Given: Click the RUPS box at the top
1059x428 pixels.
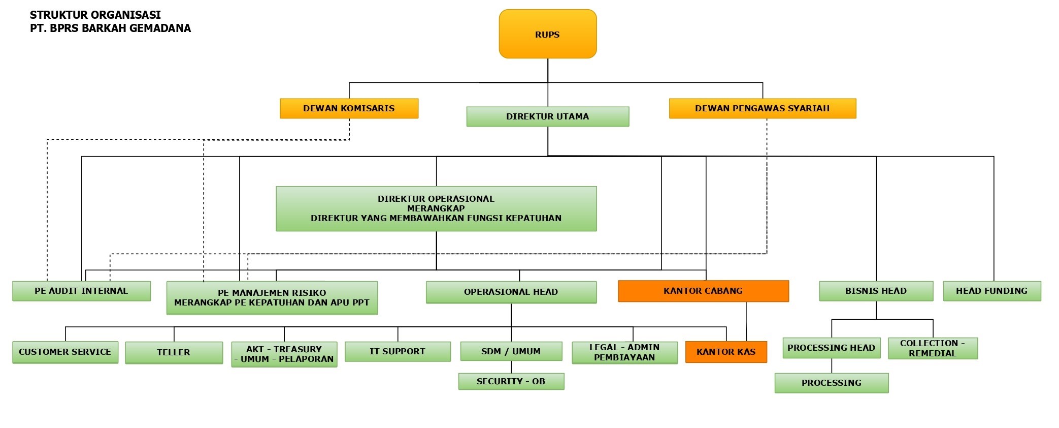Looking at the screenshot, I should [x=547, y=34].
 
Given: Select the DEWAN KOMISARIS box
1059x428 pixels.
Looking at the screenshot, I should [x=349, y=108].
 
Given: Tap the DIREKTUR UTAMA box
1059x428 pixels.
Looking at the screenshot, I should [x=547, y=116].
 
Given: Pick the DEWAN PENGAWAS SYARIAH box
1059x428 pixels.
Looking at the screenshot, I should [x=762, y=108].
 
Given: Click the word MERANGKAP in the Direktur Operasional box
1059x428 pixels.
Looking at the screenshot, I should [x=436, y=208].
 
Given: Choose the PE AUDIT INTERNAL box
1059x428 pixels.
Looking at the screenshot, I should [x=81, y=291].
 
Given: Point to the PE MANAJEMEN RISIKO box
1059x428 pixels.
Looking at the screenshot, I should [x=272, y=298].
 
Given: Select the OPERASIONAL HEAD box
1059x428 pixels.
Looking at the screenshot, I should [x=511, y=292].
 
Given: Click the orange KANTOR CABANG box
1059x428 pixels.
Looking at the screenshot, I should [x=703, y=291].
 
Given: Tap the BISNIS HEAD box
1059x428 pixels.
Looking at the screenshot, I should [x=876, y=291].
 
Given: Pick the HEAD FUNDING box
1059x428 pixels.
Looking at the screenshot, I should [x=991, y=291].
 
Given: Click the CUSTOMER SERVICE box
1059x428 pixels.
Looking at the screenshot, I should [x=65, y=352].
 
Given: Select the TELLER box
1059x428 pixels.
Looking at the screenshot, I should [x=174, y=352].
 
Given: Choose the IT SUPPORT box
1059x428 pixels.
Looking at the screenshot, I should [x=398, y=351].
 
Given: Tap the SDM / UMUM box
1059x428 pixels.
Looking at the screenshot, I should [x=511, y=351].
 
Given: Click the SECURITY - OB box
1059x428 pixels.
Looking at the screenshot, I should [x=511, y=381].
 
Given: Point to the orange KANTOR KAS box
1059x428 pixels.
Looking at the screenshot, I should [x=726, y=352].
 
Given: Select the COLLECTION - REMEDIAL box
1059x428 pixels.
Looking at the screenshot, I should [x=933, y=348].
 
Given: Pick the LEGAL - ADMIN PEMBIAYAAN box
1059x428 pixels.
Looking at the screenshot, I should [x=624, y=352].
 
